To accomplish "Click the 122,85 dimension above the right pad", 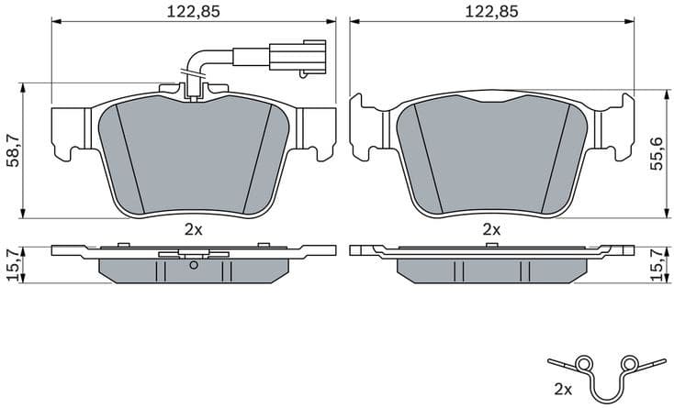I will (x=492, y=11).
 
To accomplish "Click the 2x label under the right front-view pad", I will (x=492, y=229).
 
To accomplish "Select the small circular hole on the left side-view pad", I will (x=193, y=266).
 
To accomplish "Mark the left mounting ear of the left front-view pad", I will (x=72, y=128).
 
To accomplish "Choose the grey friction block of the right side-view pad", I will (x=492, y=269).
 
